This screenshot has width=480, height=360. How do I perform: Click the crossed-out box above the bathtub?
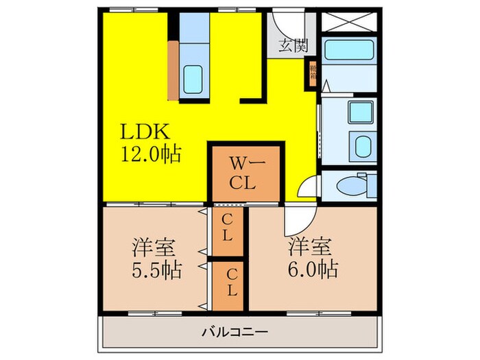coord(349,21)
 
